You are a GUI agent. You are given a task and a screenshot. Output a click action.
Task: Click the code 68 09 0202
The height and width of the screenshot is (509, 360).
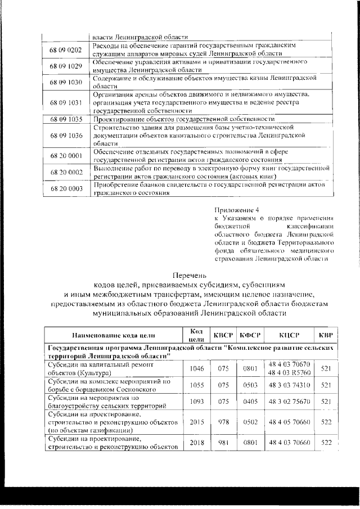(x=66, y=49)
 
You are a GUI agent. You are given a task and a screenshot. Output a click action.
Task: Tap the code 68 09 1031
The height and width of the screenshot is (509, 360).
(x=66, y=103)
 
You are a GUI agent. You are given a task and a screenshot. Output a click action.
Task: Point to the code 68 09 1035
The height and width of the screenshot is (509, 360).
(x=66, y=119)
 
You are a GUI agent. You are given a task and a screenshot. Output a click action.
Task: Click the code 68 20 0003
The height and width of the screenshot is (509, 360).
(x=66, y=188)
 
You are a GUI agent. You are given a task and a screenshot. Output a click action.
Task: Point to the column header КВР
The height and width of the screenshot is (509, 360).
(x=326, y=336)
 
